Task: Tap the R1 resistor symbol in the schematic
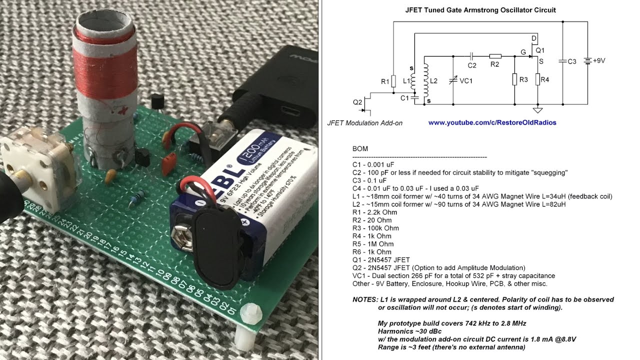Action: [393, 81]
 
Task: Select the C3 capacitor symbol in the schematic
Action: [563, 61]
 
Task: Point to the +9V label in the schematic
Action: [599, 60]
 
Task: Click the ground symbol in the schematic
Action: [538, 110]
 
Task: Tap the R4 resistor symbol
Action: [538, 79]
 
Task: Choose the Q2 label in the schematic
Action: [357, 102]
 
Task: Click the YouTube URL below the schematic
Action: [492, 122]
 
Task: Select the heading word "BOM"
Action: [360, 149]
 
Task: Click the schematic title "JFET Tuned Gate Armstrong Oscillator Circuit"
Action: [480, 10]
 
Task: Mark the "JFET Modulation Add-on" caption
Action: [364, 123]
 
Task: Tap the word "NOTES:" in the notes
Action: [365, 299]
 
